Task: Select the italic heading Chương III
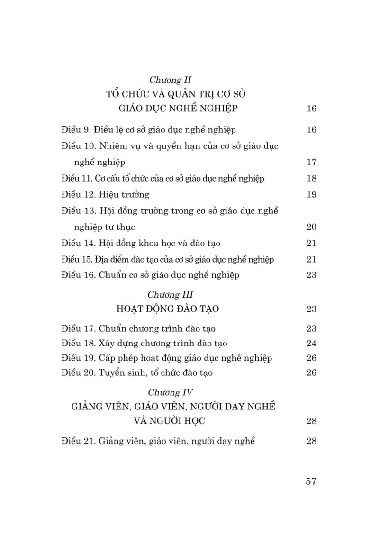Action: [170, 295]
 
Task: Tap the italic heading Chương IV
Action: [170, 392]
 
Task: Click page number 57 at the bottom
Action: [311, 481]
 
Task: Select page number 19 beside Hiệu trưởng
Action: [311, 195]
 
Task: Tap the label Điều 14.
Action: [79, 244]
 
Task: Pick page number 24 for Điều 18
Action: [311, 343]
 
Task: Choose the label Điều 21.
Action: [79, 441]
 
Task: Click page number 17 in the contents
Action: [311, 163]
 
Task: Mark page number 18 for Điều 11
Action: [311, 179]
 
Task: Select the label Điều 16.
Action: [79, 275]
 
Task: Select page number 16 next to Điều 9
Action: [311, 130]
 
